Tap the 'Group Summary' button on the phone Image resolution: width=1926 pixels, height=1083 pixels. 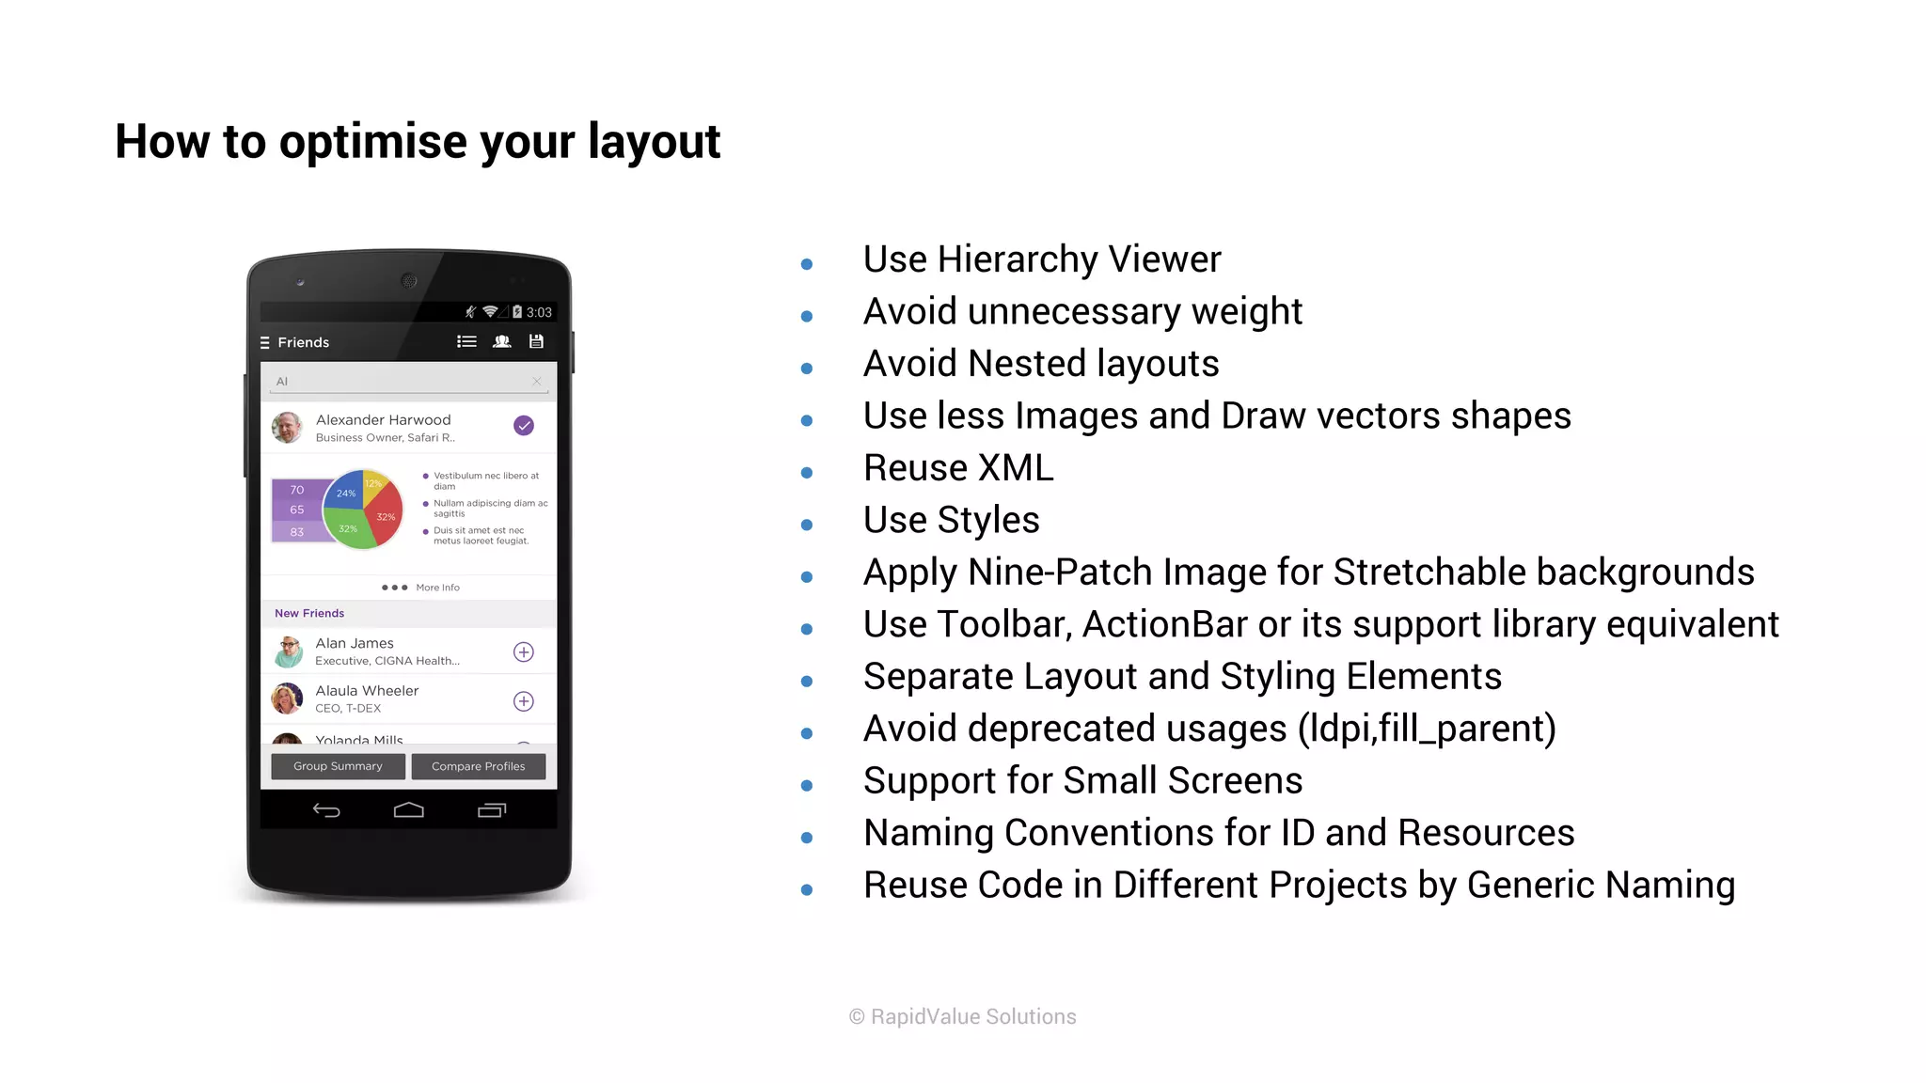338,766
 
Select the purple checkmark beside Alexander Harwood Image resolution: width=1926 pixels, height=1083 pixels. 524,426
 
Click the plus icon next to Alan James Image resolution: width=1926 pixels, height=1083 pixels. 524,651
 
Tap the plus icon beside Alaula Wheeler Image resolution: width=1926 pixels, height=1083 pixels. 524,701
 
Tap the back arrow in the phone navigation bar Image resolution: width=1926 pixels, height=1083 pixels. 326,810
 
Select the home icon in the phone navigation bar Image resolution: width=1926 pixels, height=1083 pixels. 408,810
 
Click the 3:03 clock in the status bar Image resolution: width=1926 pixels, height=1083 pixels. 539,312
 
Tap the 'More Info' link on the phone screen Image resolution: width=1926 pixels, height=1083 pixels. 437,588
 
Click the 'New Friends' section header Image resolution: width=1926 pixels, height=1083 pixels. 309,613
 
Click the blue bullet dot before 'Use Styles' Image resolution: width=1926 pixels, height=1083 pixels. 806,525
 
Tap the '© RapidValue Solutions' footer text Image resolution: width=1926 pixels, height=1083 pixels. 962,1016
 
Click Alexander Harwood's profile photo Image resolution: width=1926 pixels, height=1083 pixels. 287,427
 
